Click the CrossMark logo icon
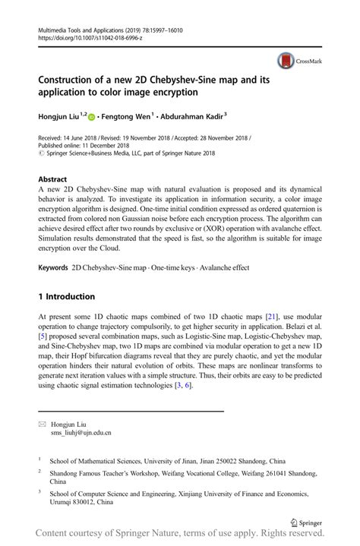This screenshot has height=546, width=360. [x=286, y=61]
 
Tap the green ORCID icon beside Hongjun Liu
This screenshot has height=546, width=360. [x=93, y=117]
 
